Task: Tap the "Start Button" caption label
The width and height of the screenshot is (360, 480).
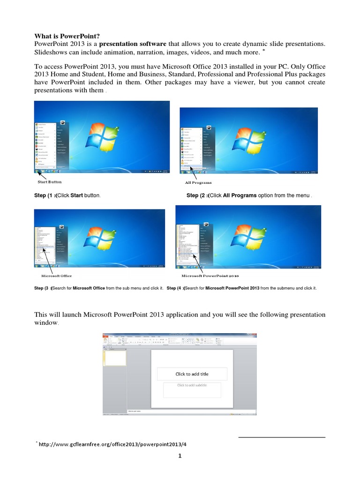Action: pyautogui.click(x=49, y=182)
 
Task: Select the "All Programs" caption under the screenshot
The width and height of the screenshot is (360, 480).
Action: pyautogui.click(x=199, y=182)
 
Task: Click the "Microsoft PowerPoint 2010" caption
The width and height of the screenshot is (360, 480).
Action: pyautogui.click(x=210, y=276)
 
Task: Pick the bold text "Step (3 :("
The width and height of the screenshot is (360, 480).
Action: pyautogui.click(x=44, y=288)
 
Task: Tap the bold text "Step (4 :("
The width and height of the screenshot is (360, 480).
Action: pyautogui.click(x=176, y=288)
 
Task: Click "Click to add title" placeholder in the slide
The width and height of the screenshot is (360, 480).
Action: pyautogui.click(x=192, y=374)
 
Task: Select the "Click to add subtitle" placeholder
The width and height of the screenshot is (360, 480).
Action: pyautogui.click(x=192, y=385)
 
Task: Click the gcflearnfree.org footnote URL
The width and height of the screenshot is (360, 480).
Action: pyautogui.click(x=109, y=444)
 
